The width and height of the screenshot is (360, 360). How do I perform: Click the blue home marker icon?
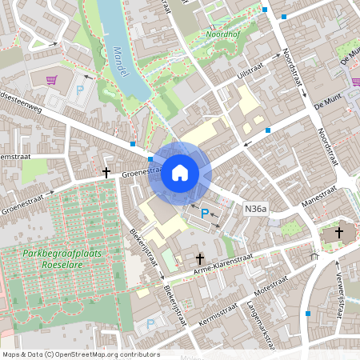180,173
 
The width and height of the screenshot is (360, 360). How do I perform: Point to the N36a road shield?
255,209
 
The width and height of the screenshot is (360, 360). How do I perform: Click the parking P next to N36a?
205,214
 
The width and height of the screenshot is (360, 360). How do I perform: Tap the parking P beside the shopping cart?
80,91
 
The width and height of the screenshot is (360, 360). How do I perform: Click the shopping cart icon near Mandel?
52,80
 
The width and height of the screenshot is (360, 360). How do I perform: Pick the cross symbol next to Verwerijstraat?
338,233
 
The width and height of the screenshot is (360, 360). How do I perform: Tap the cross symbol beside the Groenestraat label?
106,172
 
